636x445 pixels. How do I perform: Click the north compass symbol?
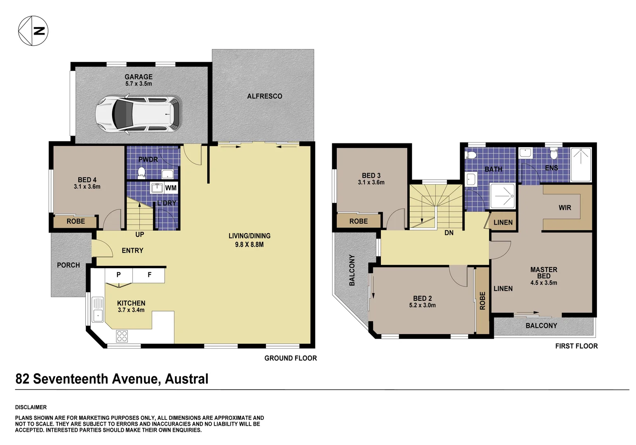33,31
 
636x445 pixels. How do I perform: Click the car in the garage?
138,114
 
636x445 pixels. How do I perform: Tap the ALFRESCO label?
264,96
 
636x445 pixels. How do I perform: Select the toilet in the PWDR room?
141,173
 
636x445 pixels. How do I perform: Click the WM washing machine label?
171,188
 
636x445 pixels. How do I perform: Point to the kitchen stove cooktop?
122,336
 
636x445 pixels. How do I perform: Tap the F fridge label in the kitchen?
149,274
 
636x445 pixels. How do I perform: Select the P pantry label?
118,274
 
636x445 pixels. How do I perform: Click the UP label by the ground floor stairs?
140,234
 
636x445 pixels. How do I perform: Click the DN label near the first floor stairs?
449,233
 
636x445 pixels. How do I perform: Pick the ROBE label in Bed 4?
75,221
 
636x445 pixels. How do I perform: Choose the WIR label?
565,208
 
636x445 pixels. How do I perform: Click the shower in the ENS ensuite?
581,164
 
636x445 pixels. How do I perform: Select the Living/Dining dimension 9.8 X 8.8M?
249,244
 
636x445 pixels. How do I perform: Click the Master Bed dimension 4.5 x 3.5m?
543,283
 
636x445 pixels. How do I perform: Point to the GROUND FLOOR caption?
290,358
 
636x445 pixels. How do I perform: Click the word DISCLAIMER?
31,407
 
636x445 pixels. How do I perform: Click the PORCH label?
68,265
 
